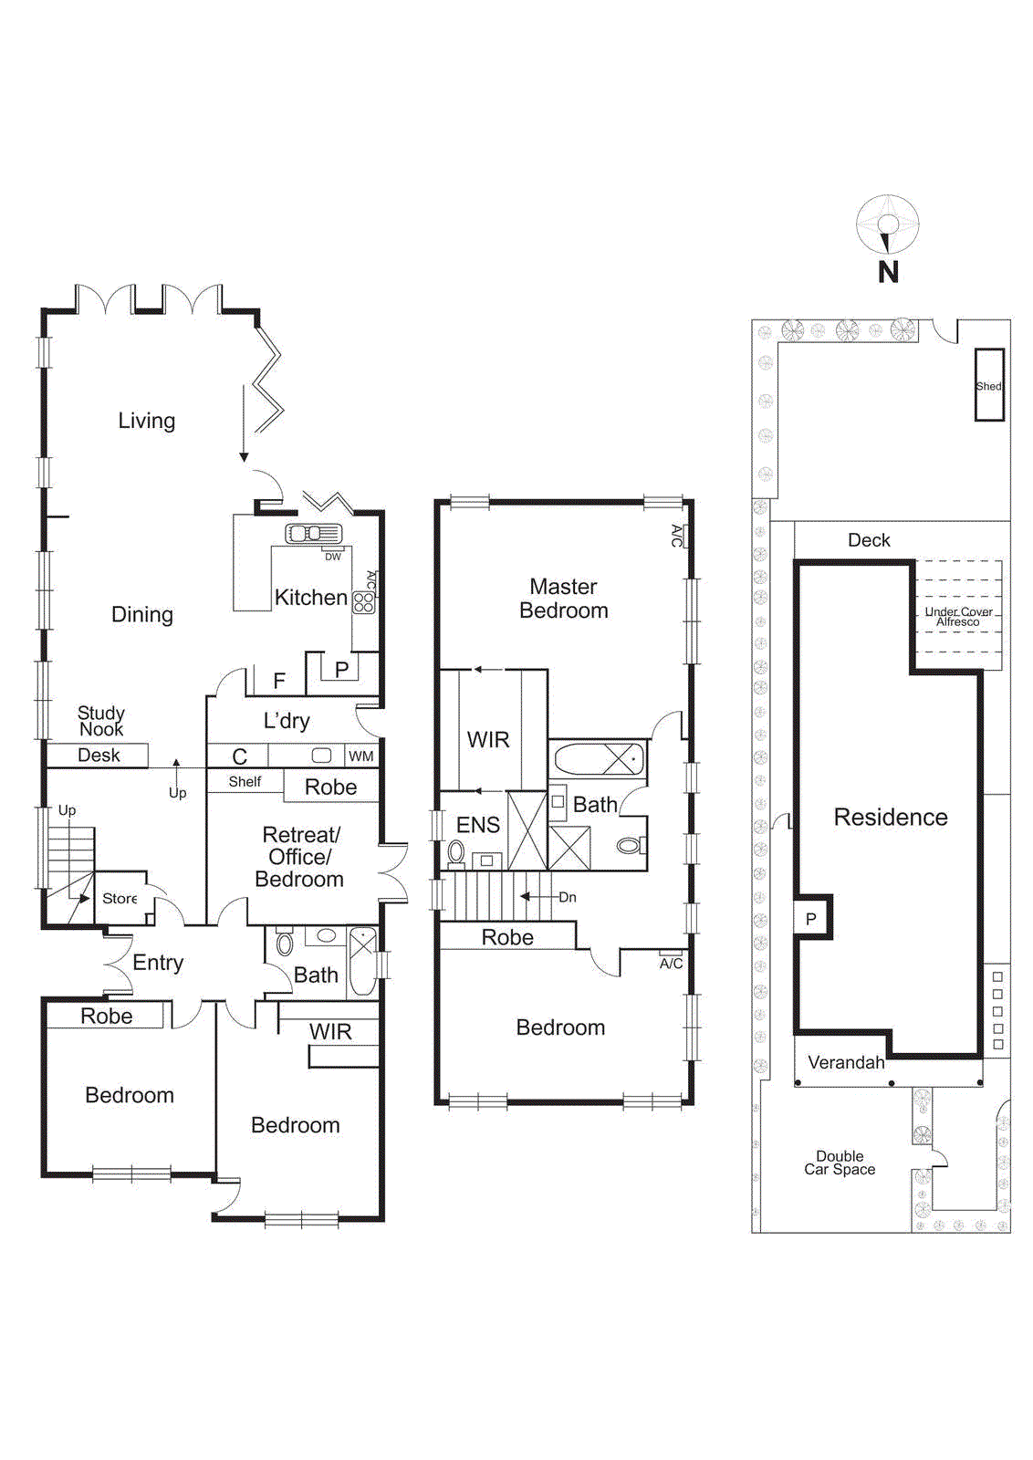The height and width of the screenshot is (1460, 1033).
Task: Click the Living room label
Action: tap(146, 421)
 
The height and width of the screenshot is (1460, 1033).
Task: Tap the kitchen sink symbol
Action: tap(313, 533)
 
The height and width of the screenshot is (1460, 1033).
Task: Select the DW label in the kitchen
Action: tap(333, 556)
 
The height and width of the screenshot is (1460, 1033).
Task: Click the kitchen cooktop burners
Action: tap(363, 602)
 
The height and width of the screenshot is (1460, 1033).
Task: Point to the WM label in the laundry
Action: tap(361, 756)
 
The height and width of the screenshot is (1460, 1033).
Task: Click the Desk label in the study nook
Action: tap(99, 755)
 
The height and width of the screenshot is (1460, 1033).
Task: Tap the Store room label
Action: tap(120, 898)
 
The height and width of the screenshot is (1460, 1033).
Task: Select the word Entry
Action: tap(158, 963)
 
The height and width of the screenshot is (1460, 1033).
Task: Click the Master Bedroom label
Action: tap(563, 599)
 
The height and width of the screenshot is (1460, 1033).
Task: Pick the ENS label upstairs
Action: tap(477, 825)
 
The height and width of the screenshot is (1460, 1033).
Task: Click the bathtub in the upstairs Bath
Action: tap(598, 759)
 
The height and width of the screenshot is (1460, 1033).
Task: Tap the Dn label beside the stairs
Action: tap(568, 897)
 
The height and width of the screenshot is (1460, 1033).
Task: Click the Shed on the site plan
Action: tap(989, 385)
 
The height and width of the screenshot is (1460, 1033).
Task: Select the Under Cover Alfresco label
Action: tap(958, 617)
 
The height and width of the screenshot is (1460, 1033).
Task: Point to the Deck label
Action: tap(868, 540)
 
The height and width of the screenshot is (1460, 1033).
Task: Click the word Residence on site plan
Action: tap(891, 817)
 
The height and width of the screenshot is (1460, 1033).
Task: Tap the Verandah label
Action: tap(846, 1062)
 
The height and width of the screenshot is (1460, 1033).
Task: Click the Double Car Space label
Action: tap(840, 1163)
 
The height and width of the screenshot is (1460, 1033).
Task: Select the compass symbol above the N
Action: tap(887, 224)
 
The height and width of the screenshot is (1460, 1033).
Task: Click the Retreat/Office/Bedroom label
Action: tap(299, 857)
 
